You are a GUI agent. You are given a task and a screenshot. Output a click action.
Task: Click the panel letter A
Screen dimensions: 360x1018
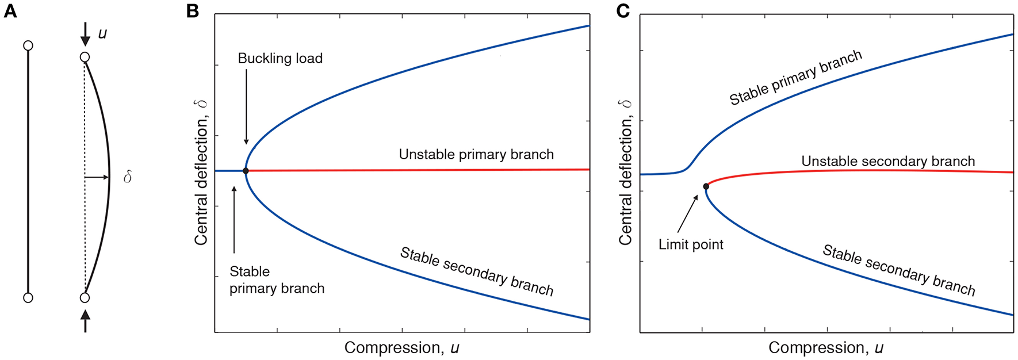pos(10,11)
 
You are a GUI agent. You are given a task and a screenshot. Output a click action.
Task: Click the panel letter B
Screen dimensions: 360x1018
pos(193,11)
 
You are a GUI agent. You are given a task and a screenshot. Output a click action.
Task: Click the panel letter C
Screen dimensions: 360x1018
pos(622,11)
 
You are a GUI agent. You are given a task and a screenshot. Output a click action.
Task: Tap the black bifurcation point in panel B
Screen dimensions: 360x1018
pos(246,171)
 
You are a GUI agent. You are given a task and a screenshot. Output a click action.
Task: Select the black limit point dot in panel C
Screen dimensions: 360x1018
pos(706,186)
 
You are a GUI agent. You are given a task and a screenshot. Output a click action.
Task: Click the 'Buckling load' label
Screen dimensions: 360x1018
pos(280,59)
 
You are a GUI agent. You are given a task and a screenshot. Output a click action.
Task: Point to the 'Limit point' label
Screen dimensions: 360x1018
pos(691,244)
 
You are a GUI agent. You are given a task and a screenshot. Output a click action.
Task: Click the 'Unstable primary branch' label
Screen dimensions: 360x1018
pos(476,155)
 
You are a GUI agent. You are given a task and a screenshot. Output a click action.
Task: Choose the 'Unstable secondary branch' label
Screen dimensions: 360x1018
pos(888,162)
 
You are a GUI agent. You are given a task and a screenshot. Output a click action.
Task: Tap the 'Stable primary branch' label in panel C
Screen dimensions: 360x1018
pos(795,78)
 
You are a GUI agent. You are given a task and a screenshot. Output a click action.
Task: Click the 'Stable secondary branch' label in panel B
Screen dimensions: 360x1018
pos(477,271)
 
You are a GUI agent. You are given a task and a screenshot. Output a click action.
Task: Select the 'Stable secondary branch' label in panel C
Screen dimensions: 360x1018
pos(899,270)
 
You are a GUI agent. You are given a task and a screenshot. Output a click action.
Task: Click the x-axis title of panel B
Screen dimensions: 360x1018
pos(401,348)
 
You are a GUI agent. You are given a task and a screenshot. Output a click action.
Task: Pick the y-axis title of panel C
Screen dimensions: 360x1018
pos(625,173)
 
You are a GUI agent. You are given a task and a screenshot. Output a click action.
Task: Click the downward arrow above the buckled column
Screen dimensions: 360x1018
pos(85,34)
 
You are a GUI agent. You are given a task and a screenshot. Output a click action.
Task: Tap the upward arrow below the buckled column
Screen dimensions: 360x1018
pos(85,320)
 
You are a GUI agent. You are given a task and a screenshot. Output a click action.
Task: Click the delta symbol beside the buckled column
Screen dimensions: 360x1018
pos(128,177)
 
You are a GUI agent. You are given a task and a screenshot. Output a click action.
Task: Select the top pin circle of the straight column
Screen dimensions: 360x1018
pos(28,45)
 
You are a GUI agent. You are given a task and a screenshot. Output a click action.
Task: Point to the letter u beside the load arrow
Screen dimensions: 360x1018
pos(102,33)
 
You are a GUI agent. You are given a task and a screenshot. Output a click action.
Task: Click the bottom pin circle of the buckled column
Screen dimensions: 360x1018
pos(85,298)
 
